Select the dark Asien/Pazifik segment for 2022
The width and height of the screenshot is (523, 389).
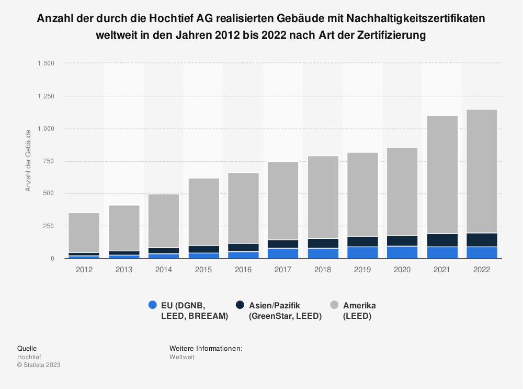[x=482, y=240]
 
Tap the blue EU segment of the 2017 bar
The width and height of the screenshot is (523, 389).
[x=283, y=253]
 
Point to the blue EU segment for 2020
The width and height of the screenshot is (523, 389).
[x=402, y=252]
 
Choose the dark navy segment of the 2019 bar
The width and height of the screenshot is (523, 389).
[x=362, y=241]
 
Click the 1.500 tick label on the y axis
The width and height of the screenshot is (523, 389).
[x=46, y=63]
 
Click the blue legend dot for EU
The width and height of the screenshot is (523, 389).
[x=152, y=305]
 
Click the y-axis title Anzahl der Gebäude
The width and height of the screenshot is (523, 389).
[x=28, y=160]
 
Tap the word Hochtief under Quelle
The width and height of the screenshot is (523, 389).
[x=29, y=357]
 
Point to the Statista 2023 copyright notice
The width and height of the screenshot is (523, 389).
[x=39, y=365]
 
